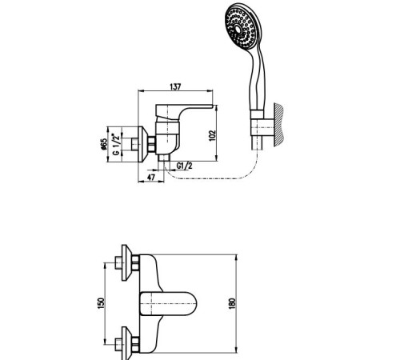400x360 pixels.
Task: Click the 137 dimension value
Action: pyautogui.click(x=175, y=86)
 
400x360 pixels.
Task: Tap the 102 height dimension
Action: pyautogui.click(x=212, y=136)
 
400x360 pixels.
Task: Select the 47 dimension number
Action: pyautogui.click(x=151, y=177)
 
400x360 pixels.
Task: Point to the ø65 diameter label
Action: pyautogui.click(x=103, y=144)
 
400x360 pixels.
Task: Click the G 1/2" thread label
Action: pyautogui.click(x=116, y=144)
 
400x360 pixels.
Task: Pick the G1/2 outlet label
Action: pyautogui.click(x=184, y=166)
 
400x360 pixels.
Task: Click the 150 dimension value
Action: pyautogui.click(x=101, y=303)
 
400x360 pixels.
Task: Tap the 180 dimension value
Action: pyautogui.click(x=232, y=303)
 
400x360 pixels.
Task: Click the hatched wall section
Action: pyautogui.click(x=278, y=126)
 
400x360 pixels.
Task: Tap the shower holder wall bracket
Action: pyautogui.click(x=262, y=127)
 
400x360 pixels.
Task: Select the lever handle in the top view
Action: pyautogui.click(x=168, y=304)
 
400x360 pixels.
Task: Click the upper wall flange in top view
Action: pyautogui.click(x=126, y=262)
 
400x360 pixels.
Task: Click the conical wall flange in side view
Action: pyautogui.click(x=143, y=144)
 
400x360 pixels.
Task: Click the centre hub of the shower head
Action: pyautogui.click(x=238, y=28)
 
